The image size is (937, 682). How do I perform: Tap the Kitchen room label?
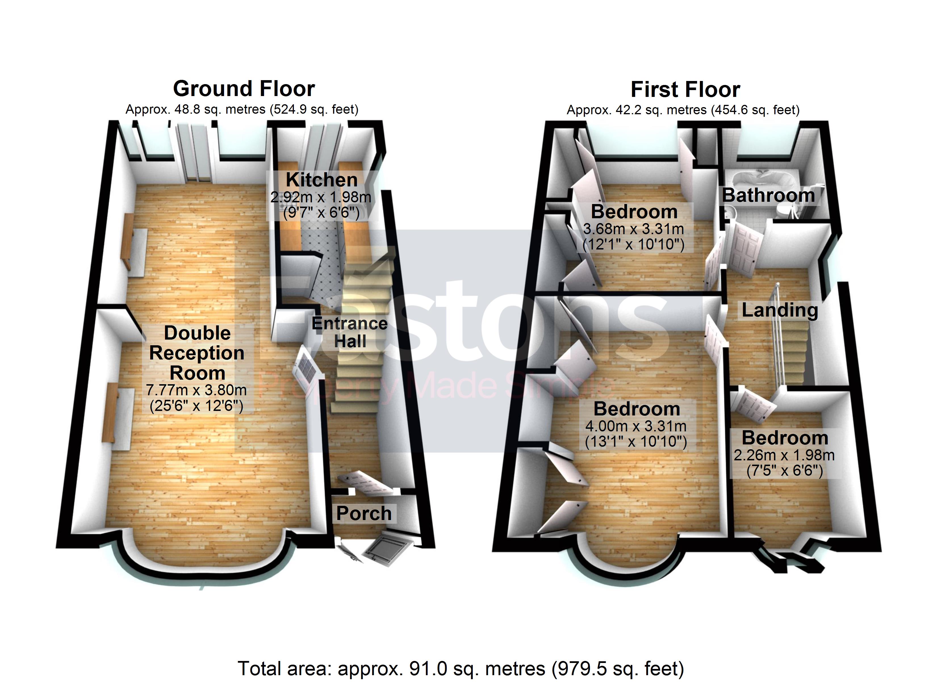[321, 180]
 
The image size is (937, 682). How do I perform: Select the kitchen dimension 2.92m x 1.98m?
[321, 197]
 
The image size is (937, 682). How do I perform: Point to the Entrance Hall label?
[350, 332]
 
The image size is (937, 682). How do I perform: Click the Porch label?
[363, 513]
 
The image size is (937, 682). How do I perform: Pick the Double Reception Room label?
[197, 353]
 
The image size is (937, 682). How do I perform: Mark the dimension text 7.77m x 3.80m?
[196, 390]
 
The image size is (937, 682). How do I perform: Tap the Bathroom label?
[768, 195]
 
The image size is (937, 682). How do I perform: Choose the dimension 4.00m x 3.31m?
[636, 426]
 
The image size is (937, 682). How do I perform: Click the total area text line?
[461, 668]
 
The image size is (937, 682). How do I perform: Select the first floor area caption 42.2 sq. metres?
[683, 110]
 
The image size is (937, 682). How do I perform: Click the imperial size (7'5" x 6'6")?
[785, 471]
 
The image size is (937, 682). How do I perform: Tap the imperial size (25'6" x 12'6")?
[196, 406]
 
